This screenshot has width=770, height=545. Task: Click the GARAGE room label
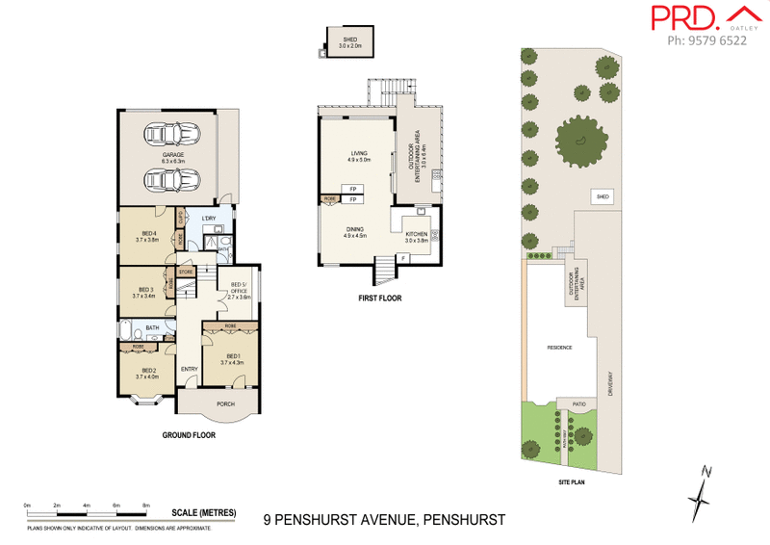pyautogui.click(x=173, y=155)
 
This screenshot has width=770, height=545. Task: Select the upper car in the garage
pyautogui.click(x=173, y=135)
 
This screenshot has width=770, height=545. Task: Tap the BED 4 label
pyautogui.click(x=148, y=234)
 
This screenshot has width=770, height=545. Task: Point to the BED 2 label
pyautogui.click(x=148, y=371)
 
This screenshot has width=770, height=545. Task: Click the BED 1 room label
pyautogui.click(x=231, y=357)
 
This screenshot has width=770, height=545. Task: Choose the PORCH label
pyautogui.click(x=226, y=403)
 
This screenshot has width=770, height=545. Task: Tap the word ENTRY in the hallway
pyautogui.click(x=189, y=368)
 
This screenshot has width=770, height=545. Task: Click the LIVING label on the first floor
pyautogui.click(x=359, y=153)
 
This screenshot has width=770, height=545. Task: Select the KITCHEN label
pyautogui.click(x=416, y=235)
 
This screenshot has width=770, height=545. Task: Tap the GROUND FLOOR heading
pyautogui.click(x=189, y=435)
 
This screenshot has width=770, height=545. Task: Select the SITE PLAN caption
pyautogui.click(x=573, y=482)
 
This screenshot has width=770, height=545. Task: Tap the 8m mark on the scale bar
pyautogui.click(x=146, y=505)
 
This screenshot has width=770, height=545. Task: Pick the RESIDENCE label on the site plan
pyautogui.click(x=559, y=347)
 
